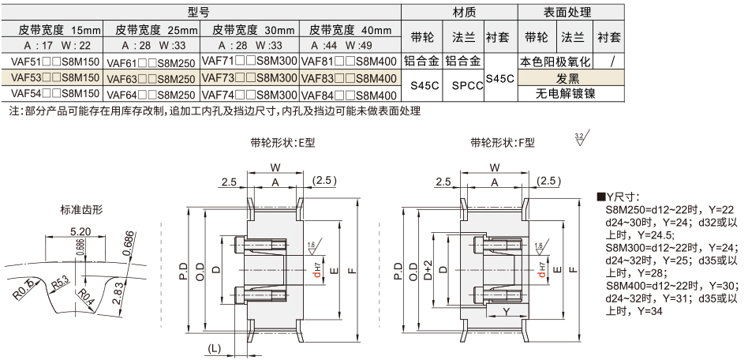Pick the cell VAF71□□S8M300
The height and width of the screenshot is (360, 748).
point(249,62)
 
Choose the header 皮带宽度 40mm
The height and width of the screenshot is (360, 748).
point(350,30)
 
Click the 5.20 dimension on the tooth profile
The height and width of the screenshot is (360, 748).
point(79,231)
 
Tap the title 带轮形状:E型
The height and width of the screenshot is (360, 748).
point(282,143)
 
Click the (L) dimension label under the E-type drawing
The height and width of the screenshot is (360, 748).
point(214,348)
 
